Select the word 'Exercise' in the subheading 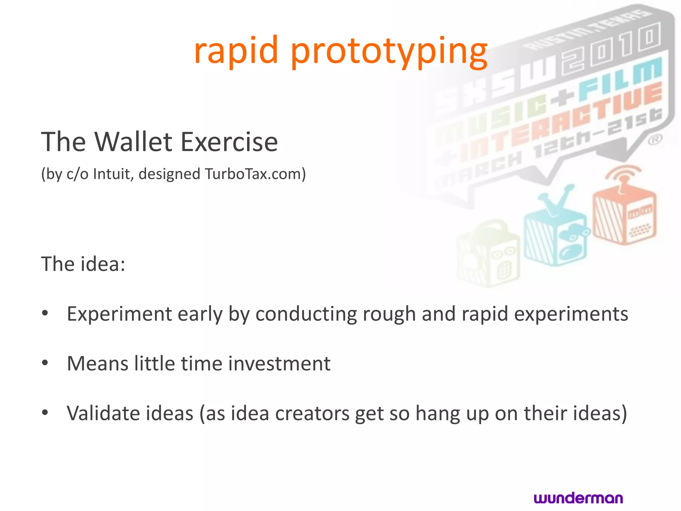[x=229, y=142]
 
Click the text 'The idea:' [x=83, y=264]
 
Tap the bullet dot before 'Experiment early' [x=45, y=313]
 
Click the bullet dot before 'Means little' [x=45, y=363]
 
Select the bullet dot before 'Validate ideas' [x=45, y=413]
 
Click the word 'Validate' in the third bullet [x=102, y=414]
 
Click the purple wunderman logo [x=578, y=498]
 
